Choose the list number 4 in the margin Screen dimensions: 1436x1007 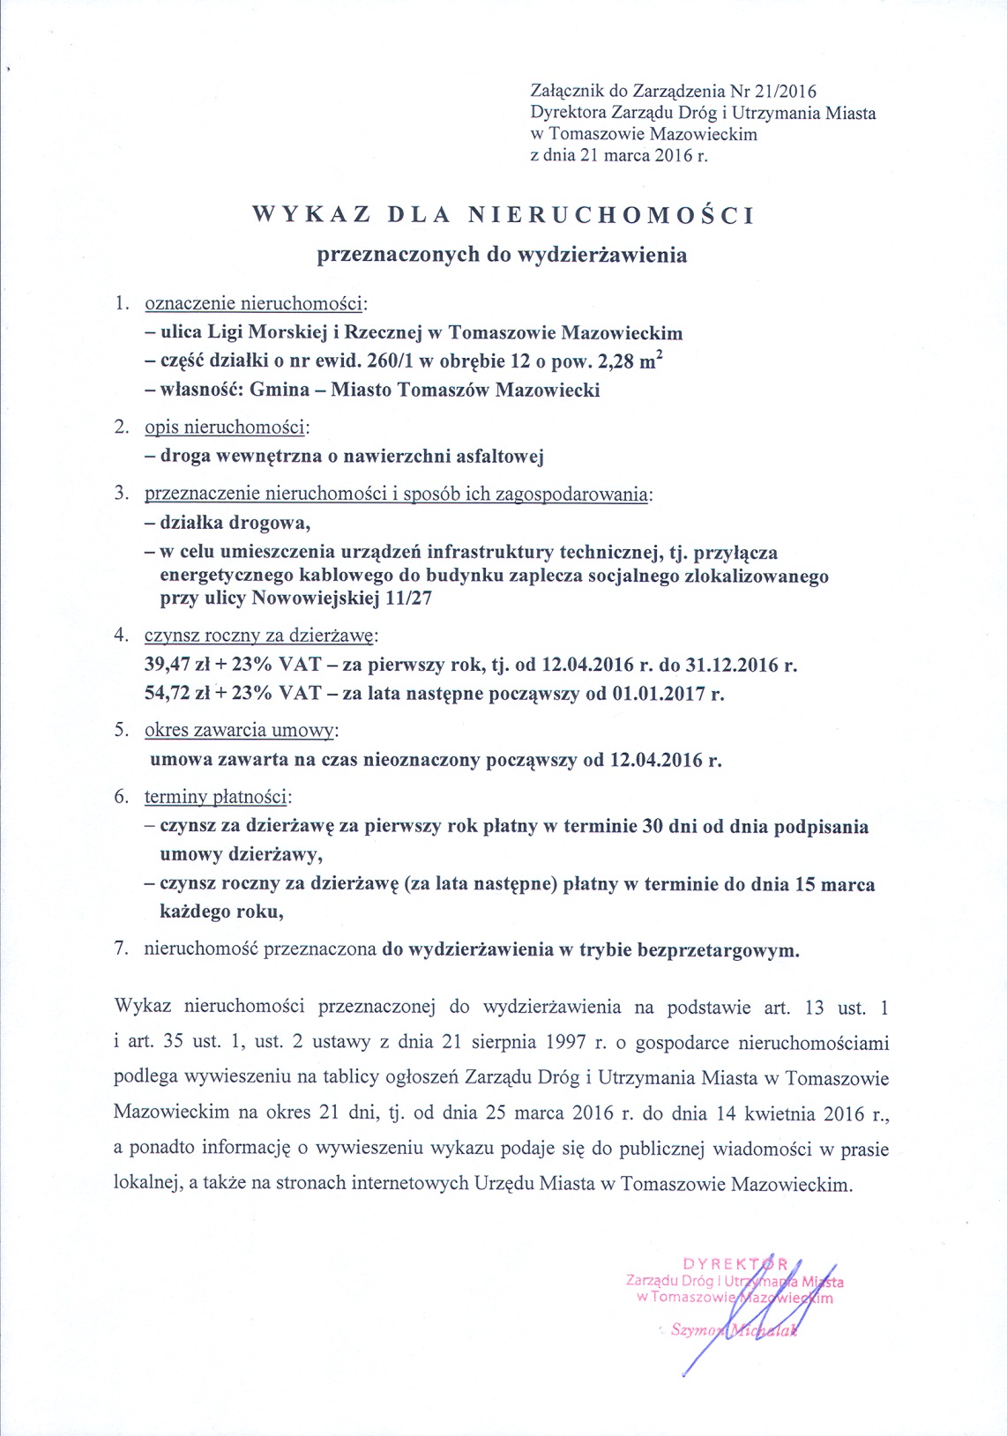[120, 635]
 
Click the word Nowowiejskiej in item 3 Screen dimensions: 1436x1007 [315, 599]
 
